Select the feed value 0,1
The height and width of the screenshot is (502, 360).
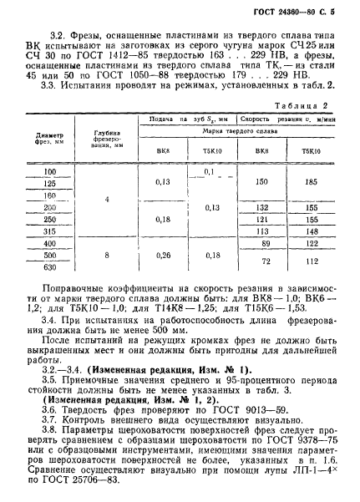pyautogui.click(x=208, y=171)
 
